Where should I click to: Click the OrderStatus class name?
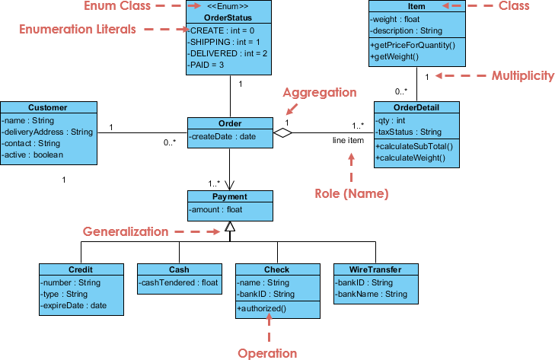click(x=229, y=18)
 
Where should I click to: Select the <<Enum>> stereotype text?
click(x=229, y=7)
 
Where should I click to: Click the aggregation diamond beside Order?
click(x=283, y=133)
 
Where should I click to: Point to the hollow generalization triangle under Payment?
click(x=230, y=226)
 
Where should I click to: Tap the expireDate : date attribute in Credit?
click(x=74, y=305)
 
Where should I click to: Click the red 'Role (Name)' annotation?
click(x=352, y=193)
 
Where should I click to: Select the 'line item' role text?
click(x=348, y=141)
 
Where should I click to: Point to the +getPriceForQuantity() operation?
click(x=413, y=45)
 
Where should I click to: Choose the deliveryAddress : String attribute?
click(x=47, y=132)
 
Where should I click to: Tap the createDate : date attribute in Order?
click(x=224, y=135)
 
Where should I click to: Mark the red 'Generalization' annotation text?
click(x=126, y=231)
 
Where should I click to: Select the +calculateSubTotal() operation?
click(x=414, y=146)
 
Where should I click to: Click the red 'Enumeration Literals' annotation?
click(x=76, y=29)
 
